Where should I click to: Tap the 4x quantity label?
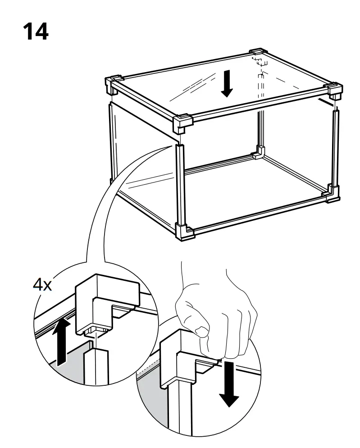(42, 286)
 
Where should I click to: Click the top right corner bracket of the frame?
(334, 91)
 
